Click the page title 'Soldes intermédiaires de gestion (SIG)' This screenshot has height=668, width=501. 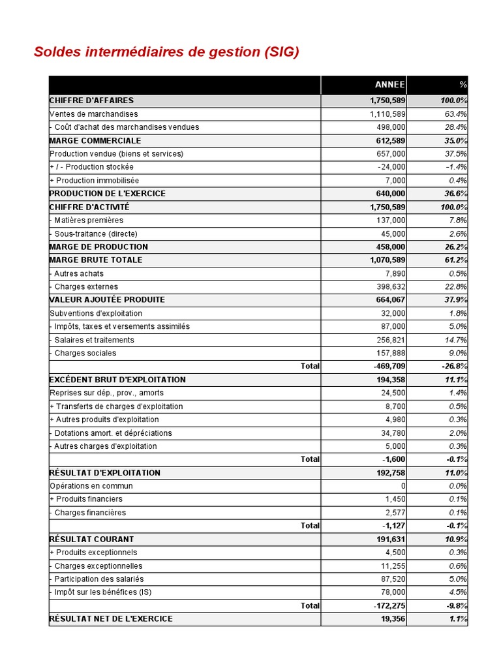(166, 52)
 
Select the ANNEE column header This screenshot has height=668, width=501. (389, 85)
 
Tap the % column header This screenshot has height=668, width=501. (463, 85)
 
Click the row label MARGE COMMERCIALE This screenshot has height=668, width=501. (95, 141)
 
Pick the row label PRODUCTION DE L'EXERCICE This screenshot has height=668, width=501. (108, 194)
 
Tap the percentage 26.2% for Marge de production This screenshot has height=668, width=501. (455, 247)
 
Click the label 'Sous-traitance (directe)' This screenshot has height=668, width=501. (96, 234)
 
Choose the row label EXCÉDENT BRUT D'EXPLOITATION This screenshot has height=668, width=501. (117, 380)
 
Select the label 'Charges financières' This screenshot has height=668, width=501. (90, 513)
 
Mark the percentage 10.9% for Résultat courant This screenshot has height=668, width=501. (455, 539)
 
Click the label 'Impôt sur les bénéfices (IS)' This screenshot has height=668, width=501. (103, 592)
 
